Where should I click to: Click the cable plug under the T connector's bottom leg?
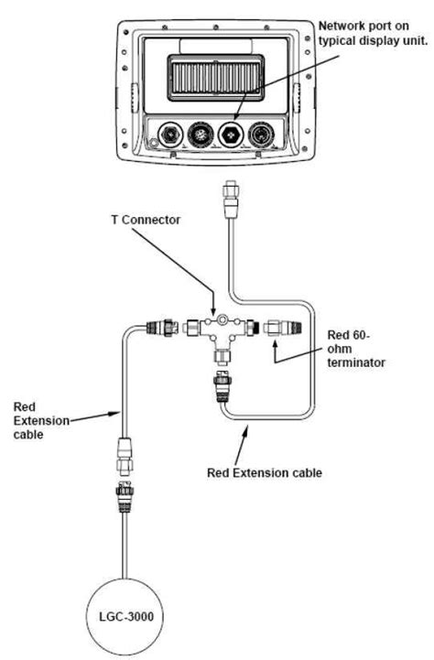(222, 385)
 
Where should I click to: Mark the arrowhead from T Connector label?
(212, 311)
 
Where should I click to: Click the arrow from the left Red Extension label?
(116, 413)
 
